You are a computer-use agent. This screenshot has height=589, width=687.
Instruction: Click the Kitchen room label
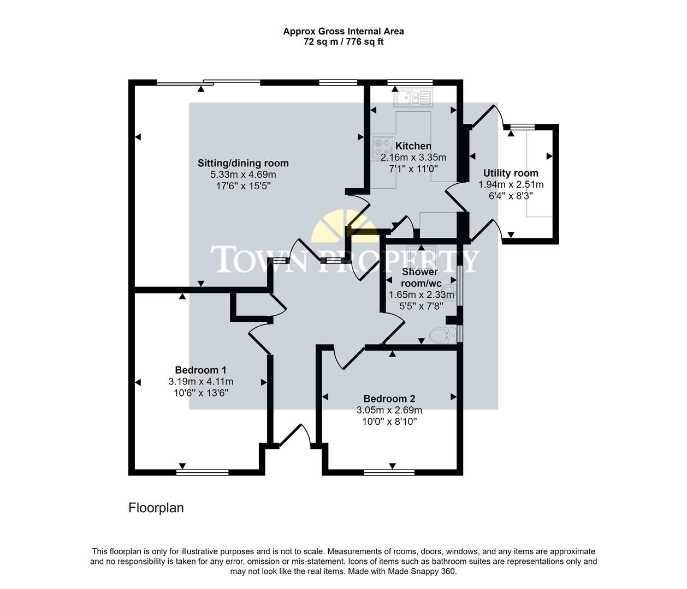coord(413,146)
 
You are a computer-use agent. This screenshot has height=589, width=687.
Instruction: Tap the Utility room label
coord(510,173)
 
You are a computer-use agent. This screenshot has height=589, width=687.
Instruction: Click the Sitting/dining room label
coord(243,163)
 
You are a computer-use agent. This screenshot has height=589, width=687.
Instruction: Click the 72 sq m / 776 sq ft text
coord(343,42)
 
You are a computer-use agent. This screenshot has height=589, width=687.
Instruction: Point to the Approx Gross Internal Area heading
coord(343,32)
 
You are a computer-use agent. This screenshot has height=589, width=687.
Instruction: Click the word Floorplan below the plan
coord(156,508)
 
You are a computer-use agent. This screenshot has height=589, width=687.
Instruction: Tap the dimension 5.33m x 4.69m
coord(243,175)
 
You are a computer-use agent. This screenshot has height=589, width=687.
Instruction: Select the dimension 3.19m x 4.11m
coord(200,382)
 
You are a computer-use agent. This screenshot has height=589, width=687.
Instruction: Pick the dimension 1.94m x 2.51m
coord(511,184)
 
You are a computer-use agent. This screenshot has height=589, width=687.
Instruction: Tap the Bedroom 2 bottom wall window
coord(389,472)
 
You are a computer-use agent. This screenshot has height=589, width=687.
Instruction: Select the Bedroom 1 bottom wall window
coord(202,472)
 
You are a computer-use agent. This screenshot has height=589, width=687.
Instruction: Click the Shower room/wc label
coord(420,277)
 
